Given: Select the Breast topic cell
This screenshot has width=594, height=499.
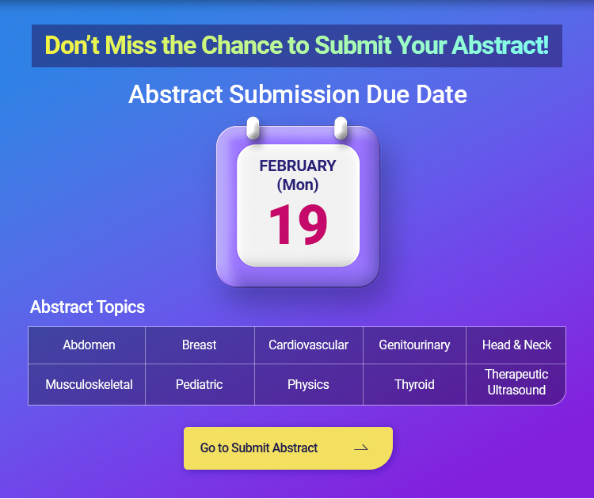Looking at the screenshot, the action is pos(200,345).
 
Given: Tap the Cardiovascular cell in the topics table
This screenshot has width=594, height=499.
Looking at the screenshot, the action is pos(309,345).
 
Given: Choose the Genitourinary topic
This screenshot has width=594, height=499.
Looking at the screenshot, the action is pos(414,345).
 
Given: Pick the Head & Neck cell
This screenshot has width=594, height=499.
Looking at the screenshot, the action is pos(516,345).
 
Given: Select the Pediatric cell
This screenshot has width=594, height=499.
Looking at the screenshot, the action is pos(200,385).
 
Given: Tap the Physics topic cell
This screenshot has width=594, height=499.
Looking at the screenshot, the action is pos(309,385).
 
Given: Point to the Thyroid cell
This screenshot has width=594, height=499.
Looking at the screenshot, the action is pos(414,385).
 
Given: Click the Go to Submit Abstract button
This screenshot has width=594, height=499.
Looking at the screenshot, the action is pos(288,448).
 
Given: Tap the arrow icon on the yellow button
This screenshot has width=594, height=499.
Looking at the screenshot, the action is pos(361,448).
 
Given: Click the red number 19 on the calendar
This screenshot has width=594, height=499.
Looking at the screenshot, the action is pos(298,224).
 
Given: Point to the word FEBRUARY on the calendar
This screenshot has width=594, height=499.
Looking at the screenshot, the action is pos(298,166).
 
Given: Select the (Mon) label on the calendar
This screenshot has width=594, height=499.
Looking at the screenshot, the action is pos(298,185).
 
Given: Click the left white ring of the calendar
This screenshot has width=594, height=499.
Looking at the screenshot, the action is pos(253,128).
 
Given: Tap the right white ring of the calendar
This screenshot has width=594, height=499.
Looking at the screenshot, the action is pos(341,128).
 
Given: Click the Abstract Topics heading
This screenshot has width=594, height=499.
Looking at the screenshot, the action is pos(87,307).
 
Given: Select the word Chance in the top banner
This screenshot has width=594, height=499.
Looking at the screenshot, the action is pos(242,45).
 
